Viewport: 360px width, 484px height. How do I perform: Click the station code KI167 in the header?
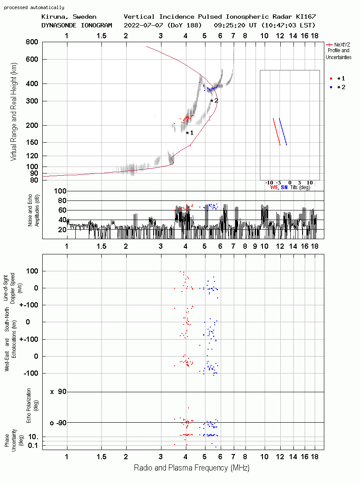tap(306, 17)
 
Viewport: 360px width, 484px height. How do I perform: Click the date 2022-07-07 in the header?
tap(143, 25)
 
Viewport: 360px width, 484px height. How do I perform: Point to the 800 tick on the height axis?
tap(32, 42)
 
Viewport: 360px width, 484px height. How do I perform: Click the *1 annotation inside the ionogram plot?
tap(190, 133)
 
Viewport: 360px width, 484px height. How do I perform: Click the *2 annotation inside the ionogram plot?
tap(215, 100)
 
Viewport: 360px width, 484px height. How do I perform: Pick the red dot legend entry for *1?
tap(331, 79)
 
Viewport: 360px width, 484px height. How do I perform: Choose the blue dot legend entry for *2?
tap(331, 87)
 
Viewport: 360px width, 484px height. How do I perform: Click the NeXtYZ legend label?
tap(342, 45)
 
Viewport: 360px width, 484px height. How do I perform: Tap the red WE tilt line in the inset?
tap(276, 132)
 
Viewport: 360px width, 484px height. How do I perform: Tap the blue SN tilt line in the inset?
tap(283, 132)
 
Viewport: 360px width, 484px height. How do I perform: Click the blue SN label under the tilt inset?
tap(284, 187)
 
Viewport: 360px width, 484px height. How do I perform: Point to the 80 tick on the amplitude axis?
tap(62, 200)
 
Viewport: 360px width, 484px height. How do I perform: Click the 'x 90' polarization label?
tap(58, 392)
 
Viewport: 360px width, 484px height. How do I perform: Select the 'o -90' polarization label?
tap(58, 423)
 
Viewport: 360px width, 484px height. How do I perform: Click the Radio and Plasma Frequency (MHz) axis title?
tap(192, 468)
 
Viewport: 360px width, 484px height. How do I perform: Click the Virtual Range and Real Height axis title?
tap(13, 112)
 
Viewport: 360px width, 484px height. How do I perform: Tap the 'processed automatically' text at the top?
tap(34, 7)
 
